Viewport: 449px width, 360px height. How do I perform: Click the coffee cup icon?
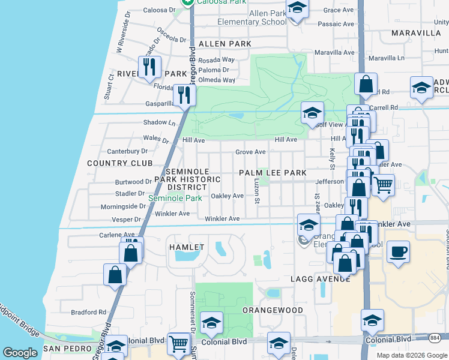[398, 252]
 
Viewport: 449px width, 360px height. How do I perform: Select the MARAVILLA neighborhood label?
[416, 33]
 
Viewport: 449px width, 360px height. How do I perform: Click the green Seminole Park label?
[175, 198]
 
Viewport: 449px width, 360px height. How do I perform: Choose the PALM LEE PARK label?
[273, 173]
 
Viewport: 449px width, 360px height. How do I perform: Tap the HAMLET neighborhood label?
[187, 247]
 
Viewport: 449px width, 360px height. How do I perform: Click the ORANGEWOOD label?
[273, 310]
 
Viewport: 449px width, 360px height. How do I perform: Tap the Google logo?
[20, 353]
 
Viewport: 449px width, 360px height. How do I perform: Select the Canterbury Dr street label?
[127, 151]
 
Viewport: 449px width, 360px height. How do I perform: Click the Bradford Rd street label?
[88, 312]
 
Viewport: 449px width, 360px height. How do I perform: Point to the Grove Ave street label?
[250, 152]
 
